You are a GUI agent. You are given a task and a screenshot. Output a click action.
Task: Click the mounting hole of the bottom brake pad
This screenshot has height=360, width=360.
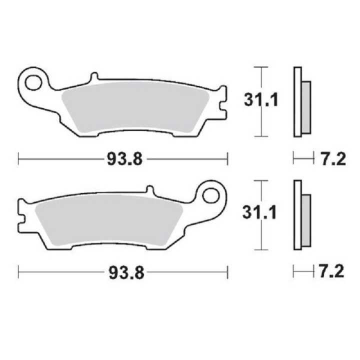pyautogui.click(x=210, y=194)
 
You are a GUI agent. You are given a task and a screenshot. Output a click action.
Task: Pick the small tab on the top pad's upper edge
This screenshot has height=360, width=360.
pyautogui.click(x=94, y=78)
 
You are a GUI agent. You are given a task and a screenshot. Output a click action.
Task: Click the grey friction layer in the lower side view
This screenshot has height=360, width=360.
pyautogui.click(x=306, y=220)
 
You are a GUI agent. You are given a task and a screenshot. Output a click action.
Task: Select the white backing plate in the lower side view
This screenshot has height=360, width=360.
pyautogui.click(x=297, y=215)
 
